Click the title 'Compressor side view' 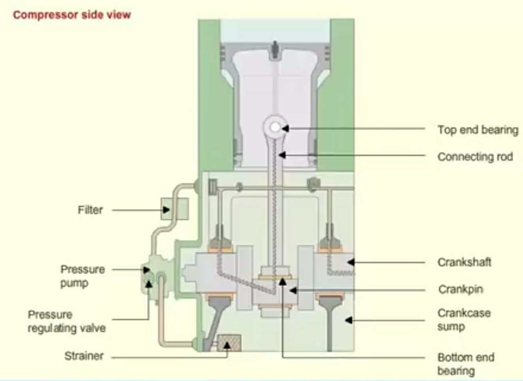(71, 15)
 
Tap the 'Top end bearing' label (478, 130)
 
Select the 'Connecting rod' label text (475, 157)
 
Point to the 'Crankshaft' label (464, 262)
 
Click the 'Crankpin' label (461, 289)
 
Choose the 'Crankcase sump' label (464, 319)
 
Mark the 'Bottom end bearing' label (465, 364)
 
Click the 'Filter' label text (90, 209)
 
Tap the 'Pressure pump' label (82, 276)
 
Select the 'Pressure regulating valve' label (66, 321)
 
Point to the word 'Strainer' (84, 356)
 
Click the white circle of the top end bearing (275, 127)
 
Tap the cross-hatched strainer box (229, 343)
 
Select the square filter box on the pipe (174, 209)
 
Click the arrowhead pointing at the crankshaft (351, 262)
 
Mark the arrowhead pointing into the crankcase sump (349, 320)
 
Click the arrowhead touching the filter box (167, 210)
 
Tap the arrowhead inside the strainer (227, 346)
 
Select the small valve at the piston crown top (275, 50)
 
